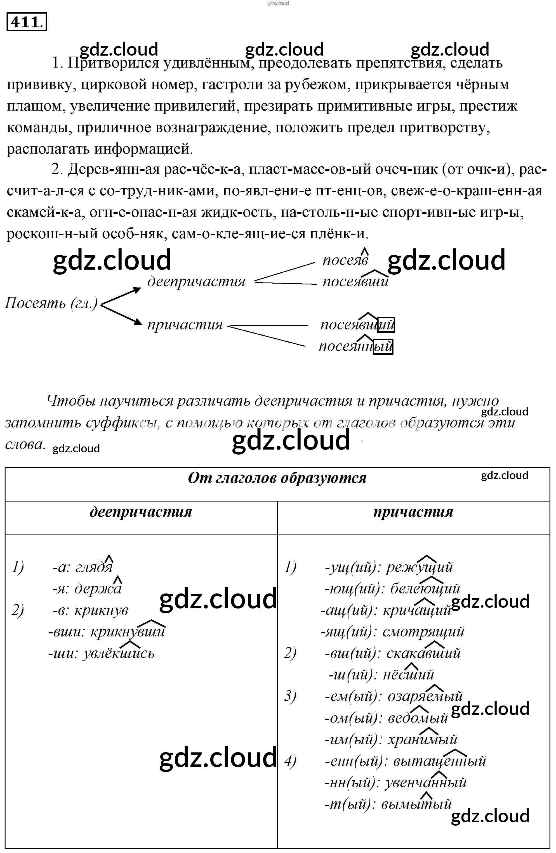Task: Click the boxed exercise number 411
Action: pos(27,22)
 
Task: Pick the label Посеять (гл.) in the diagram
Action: pos(51,303)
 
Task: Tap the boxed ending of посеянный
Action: pos(383,346)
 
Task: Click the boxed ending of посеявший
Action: pos(386,325)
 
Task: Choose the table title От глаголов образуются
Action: pos(277,478)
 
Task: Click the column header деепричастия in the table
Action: pos(141,512)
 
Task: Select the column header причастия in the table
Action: pos(413,512)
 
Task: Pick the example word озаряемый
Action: pos(425,696)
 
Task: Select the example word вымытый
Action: pos(416,804)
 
